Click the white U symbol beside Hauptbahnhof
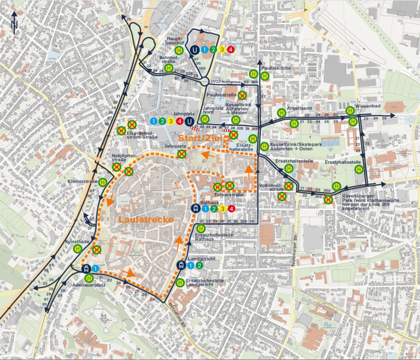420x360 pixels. pos(196,50)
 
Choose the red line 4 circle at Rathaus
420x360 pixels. pos(231,209)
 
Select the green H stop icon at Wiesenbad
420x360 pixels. pos(350,110)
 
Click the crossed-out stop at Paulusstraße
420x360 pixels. pos(242,95)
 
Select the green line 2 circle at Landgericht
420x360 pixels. pos(199,265)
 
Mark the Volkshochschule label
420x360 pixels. pos(273,187)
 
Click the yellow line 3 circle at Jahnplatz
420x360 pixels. pos(170,122)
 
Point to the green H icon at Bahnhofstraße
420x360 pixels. pos(169,68)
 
